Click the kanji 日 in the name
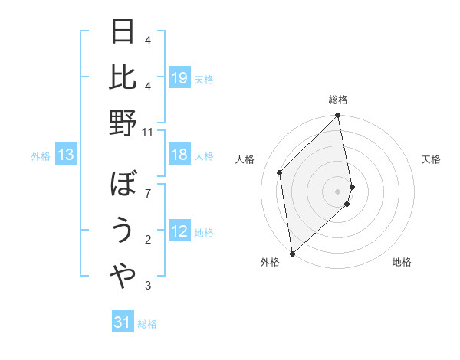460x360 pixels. [123, 32]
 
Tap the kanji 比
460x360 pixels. [123, 77]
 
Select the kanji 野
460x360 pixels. [123, 123]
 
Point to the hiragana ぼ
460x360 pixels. [123, 185]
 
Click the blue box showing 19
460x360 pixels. [179, 78]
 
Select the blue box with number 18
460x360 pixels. [179, 155]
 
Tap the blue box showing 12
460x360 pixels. [179, 231]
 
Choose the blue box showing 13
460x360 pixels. [66, 155]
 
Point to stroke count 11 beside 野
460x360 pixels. [148, 133]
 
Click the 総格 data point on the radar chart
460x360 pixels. [337, 116]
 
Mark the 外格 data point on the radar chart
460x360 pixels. [292, 253]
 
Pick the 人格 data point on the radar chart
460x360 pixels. [280, 172]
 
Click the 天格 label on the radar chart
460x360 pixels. [432, 159]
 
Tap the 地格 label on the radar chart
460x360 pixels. [402, 262]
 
